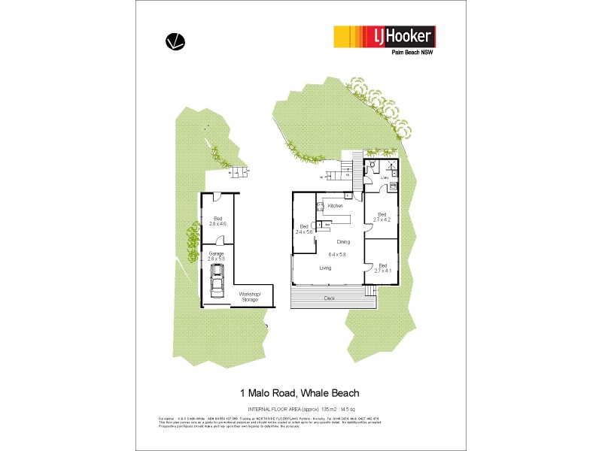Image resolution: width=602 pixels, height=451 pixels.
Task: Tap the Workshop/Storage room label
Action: point(249,297)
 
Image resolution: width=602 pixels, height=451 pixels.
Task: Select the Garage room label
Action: point(217,254)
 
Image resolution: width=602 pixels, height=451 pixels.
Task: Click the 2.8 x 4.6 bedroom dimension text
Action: point(217,224)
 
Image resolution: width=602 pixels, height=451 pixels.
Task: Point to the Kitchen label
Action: point(336,205)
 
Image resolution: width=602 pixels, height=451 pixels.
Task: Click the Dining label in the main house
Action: point(343,241)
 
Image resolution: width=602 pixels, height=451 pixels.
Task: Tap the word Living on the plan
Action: point(326,268)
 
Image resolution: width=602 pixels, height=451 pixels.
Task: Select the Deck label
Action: point(329,298)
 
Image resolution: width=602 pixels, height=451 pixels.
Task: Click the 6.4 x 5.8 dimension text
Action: point(337,255)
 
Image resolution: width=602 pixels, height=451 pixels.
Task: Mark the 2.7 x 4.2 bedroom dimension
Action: point(383,219)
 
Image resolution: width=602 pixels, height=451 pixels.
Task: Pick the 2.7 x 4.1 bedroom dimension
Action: point(383,270)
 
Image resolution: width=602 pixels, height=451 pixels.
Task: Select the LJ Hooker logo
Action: point(384,37)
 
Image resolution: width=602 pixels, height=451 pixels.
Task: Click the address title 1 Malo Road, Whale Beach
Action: point(299,392)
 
